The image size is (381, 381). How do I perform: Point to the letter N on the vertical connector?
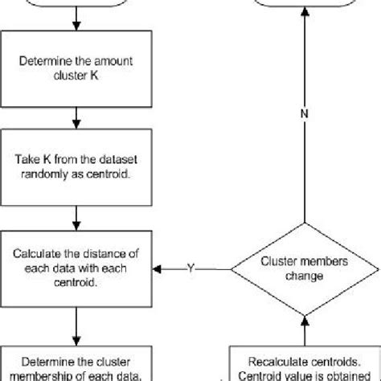pyautogui.click(x=303, y=113)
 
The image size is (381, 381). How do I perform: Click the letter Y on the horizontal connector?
pyautogui.click(x=190, y=268)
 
